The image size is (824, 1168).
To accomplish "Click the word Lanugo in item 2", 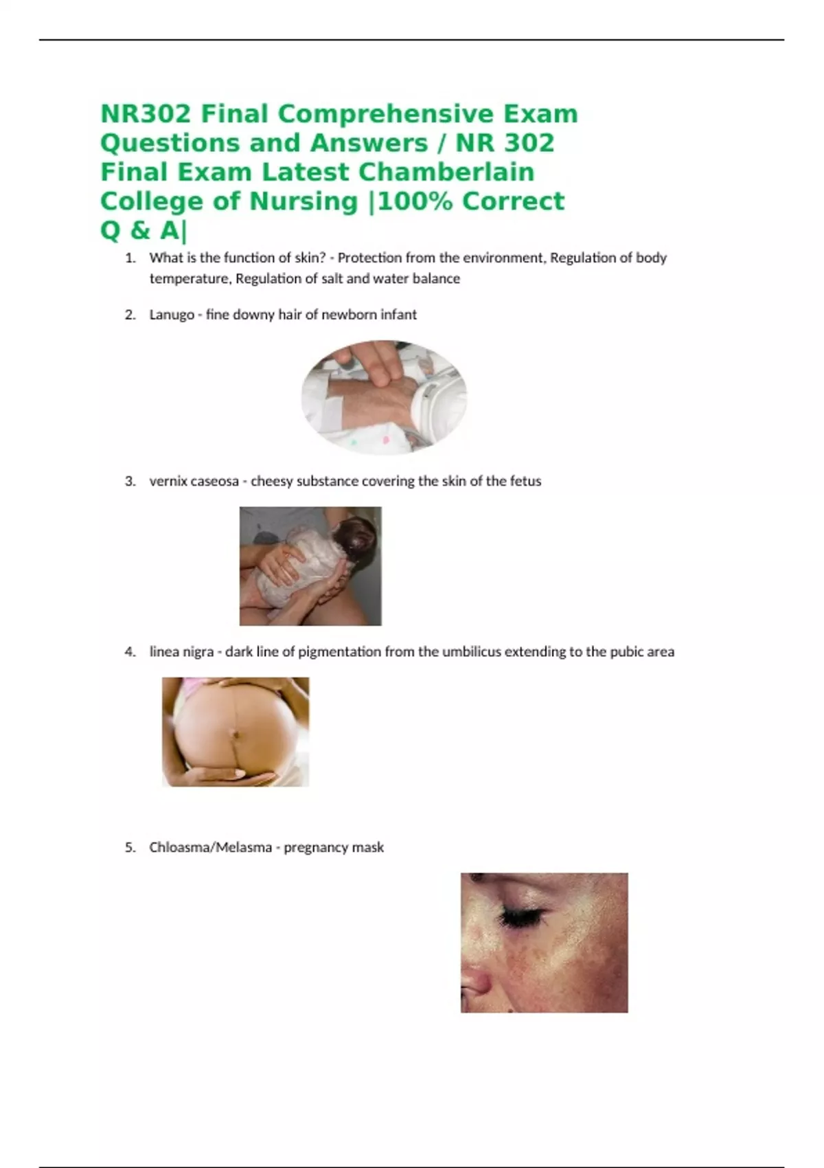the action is (172, 315).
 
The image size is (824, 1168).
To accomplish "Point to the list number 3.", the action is (130, 481).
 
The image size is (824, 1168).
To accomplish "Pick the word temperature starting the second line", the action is (190, 280).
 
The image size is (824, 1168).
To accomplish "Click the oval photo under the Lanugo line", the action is (384, 397).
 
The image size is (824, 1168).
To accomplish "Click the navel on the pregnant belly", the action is (236, 734).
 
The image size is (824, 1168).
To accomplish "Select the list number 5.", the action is (130, 848).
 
